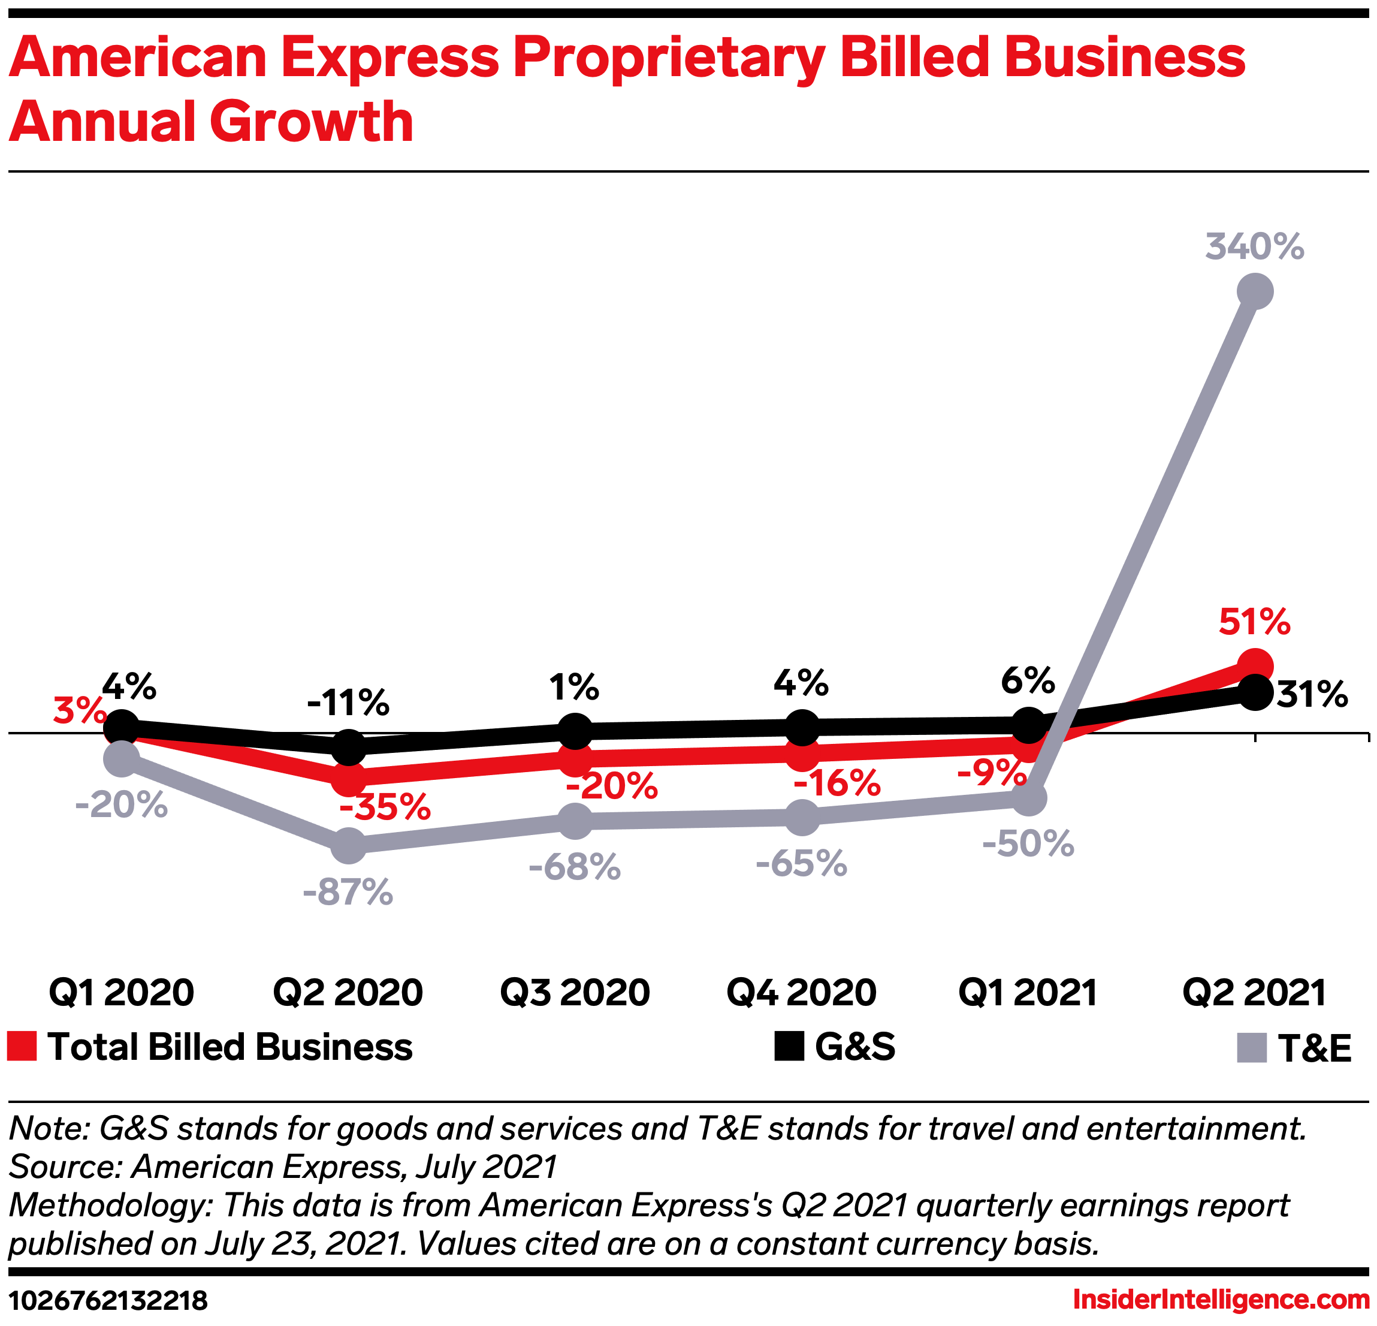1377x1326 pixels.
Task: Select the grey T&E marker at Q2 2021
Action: tap(1255, 291)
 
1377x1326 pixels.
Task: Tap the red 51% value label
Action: tap(1254, 622)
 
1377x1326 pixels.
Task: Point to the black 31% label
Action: tap(1312, 694)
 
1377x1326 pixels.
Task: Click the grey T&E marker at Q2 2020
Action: tap(349, 845)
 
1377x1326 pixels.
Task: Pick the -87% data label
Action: tap(349, 893)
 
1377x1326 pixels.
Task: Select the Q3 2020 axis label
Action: tap(575, 992)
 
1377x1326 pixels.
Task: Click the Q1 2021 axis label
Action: tap(1028, 992)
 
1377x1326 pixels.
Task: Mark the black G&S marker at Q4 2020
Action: tap(802, 727)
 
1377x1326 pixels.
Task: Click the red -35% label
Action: tap(385, 807)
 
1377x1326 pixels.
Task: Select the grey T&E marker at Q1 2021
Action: tap(1028, 798)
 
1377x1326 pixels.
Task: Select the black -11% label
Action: tap(349, 703)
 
